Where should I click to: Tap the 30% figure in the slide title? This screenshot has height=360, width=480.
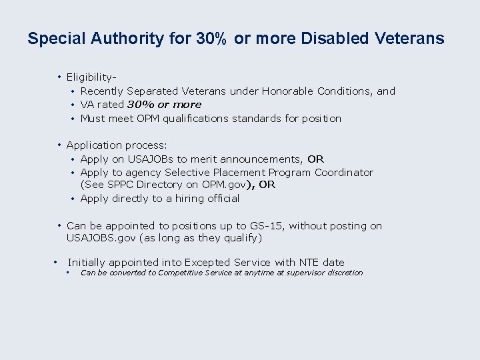point(211,39)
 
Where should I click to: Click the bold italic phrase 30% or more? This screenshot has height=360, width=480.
point(164,105)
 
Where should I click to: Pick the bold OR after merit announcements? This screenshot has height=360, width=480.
point(316,159)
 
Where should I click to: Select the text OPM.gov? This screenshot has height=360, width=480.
point(227,185)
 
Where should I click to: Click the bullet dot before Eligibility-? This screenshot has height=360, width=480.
point(59,78)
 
